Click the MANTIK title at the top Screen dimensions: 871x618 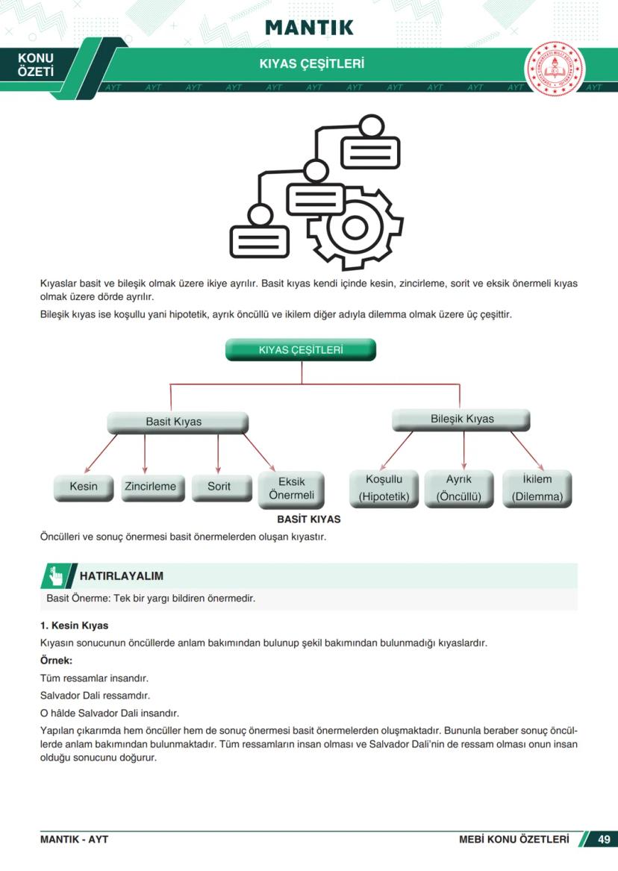coord(309,28)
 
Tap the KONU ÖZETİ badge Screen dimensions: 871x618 coord(36,65)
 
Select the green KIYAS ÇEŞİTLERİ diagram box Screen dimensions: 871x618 coord(301,350)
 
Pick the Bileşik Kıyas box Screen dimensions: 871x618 coord(461,419)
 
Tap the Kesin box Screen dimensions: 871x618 coord(84,487)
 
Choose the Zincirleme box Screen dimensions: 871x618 coord(150,487)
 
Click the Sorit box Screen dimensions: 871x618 coord(219,487)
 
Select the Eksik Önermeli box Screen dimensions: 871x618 coord(291,489)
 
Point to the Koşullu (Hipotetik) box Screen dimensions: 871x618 coord(384,489)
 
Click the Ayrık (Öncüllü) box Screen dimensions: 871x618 coord(459,489)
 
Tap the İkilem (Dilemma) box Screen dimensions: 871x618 coord(537,489)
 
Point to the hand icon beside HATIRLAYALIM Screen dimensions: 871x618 coord(56,575)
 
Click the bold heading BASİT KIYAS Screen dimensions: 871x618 coord(308,519)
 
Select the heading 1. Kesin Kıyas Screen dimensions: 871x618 coord(74,625)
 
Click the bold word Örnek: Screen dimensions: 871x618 coord(56,661)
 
